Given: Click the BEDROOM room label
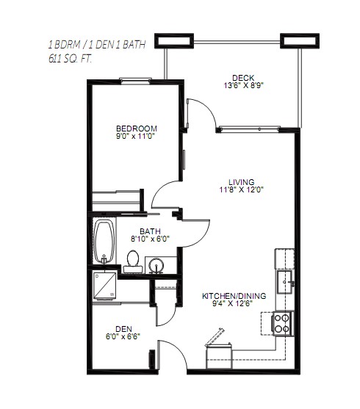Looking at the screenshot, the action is [x=136, y=129].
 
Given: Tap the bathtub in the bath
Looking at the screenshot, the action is [x=104, y=242].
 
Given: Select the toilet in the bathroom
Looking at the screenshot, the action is [x=133, y=261].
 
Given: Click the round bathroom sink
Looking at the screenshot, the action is [x=156, y=266].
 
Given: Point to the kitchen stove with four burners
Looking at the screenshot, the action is [x=283, y=323].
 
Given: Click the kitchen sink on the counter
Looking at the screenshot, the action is [x=284, y=282].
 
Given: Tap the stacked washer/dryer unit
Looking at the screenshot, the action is [x=104, y=286].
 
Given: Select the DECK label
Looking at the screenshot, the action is [x=243, y=78].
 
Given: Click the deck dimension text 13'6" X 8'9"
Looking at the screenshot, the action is [x=242, y=86].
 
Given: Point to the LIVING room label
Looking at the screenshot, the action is [x=242, y=182].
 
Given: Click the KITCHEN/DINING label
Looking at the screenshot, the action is [x=234, y=296].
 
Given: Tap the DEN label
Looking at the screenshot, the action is [x=123, y=329].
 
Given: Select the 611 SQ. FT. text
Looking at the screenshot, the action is [x=71, y=59].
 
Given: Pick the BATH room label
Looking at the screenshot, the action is [x=150, y=231].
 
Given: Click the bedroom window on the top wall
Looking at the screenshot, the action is [x=135, y=80].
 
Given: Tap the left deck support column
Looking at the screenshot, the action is [x=174, y=41].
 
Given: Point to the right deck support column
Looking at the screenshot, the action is [x=300, y=41].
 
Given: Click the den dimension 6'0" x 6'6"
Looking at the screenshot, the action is [x=123, y=336].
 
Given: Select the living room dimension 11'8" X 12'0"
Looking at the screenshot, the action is [x=242, y=189].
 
